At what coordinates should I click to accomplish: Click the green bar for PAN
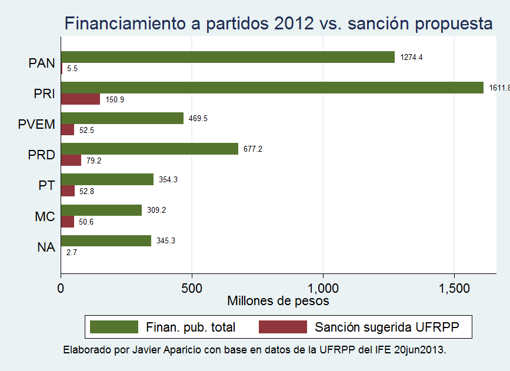coord(228,57)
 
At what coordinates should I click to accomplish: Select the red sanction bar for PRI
coord(81,99)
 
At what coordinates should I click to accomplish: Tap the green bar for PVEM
coord(122,118)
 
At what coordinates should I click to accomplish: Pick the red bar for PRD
coord(71,161)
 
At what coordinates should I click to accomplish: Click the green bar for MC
coord(101,210)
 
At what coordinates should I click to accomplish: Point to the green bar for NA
coord(106,240)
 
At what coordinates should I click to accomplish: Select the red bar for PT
coord(68,191)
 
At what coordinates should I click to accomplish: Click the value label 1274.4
coord(411,57)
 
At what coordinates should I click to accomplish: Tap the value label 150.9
coord(115,99)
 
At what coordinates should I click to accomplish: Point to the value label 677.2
coord(253,149)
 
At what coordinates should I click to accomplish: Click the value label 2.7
coord(72,252)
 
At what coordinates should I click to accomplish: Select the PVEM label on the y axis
coord(37,124)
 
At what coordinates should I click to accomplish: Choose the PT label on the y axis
coord(46,185)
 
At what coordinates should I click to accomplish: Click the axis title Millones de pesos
coord(278,301)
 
